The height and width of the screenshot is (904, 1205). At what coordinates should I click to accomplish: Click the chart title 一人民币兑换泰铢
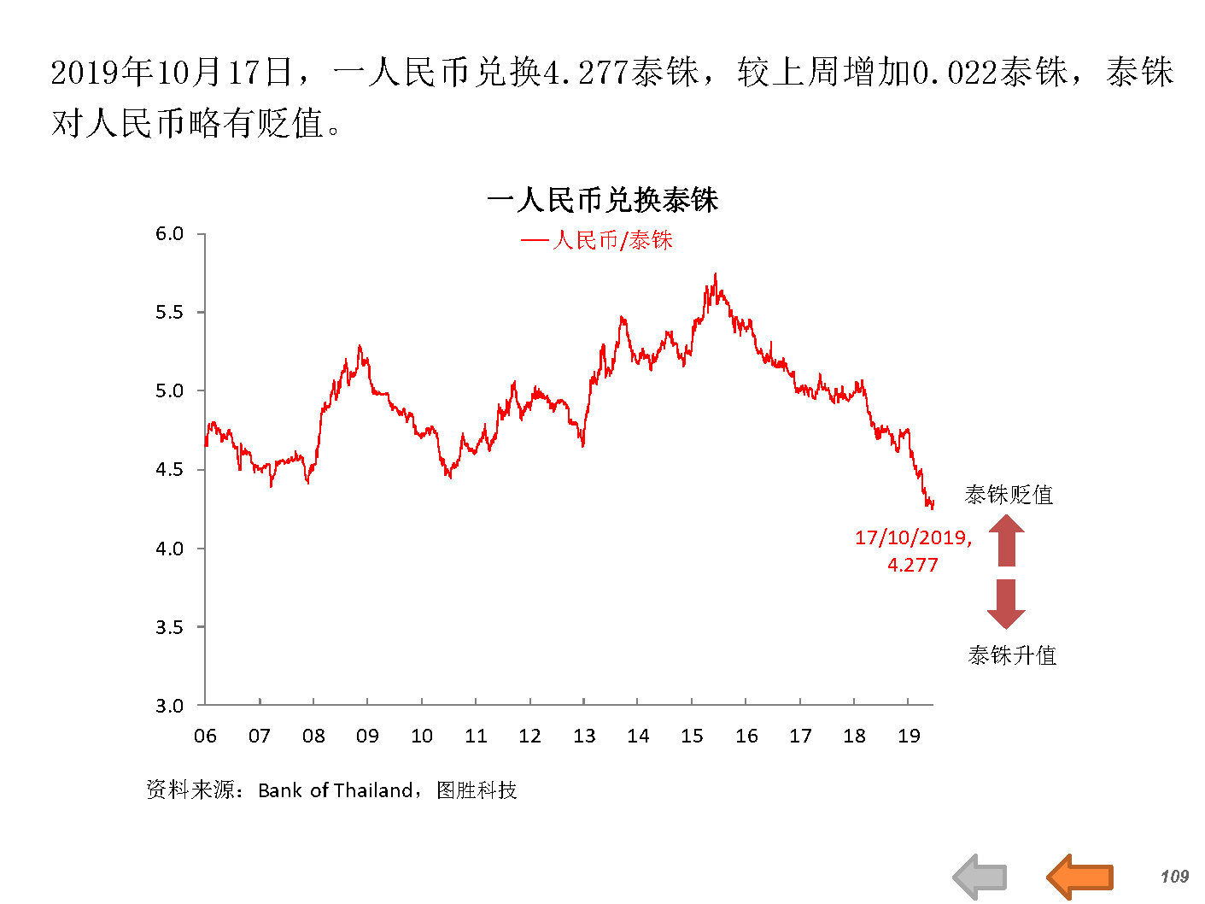602,201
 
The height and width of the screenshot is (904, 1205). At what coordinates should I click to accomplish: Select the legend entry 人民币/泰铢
597,240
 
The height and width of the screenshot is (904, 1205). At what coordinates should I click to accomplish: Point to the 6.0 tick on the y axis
169,234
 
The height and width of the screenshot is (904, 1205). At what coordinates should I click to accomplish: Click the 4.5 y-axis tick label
169,469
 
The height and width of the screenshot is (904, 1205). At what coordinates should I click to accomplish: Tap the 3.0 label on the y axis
169,706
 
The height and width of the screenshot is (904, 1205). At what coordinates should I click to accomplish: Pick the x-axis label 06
205,736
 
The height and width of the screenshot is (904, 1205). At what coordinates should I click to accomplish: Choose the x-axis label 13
584,736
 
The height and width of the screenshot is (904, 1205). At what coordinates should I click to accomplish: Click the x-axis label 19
909,736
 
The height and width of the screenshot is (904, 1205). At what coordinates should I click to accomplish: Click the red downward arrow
1006,603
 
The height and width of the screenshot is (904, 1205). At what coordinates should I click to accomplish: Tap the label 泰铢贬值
1009,495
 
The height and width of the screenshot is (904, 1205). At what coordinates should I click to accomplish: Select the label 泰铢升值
1012,655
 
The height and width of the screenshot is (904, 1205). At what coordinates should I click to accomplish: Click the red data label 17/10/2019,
913,537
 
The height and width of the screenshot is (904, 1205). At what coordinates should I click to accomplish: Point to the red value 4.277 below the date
913,565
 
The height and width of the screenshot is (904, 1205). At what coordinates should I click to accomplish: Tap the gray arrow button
980,876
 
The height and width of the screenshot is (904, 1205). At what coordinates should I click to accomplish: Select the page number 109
1174,876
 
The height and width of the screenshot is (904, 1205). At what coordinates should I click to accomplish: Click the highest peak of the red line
715,275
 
